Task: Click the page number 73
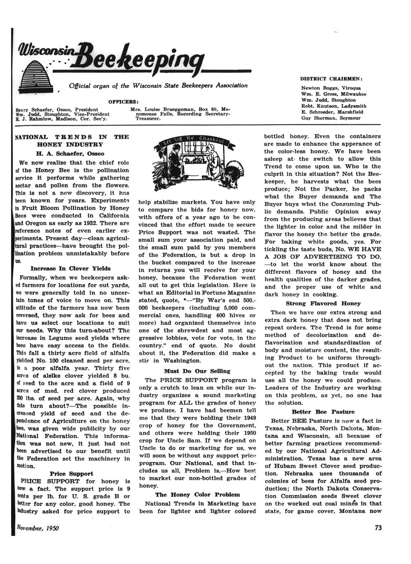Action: tap(378, 528)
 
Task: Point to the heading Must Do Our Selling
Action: tap(197, 371)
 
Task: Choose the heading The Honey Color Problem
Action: tap(198, 495)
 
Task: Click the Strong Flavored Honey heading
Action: tap(323, 304)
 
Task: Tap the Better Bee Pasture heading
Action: tap(323, 412)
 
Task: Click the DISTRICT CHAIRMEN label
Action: tap(332, 78)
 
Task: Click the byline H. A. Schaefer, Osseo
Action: tap(71, 154)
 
